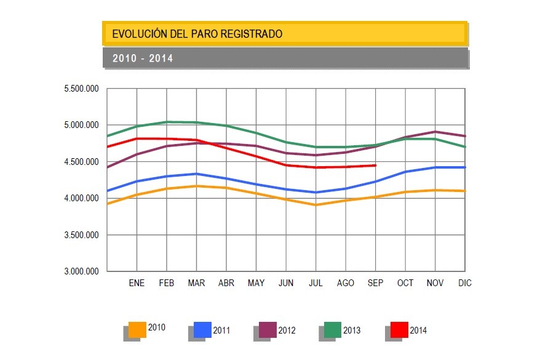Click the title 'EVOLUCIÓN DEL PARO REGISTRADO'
coord(197,34)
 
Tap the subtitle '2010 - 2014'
coord(143,58)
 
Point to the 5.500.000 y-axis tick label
coord(81,89)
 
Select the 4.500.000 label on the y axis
coord(81,162)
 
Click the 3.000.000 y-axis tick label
coord(81,271)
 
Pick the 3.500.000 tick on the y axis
coord(81,235)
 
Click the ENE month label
coord(137,283)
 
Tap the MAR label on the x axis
coord(196,283)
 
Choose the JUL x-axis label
coord(316,283)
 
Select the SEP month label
coord(375,283)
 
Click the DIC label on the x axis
coord(464,283)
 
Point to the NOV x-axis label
coord(435,283)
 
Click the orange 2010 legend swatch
coord(137,330)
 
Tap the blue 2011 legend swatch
coord(202,330)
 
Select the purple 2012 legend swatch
coord(268,330)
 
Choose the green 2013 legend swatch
coord(333,330)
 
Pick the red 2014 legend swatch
coord(399,330)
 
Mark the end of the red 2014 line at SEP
coord(375,165)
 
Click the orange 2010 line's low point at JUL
coord(316,205)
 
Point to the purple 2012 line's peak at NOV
coord(435,132)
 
